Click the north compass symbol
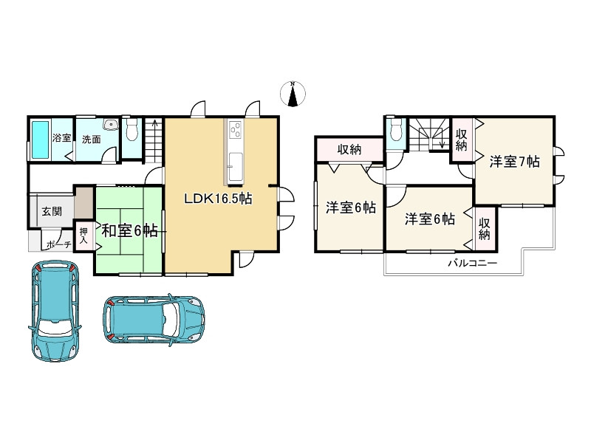point(293,94)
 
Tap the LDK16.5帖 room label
point(218,199)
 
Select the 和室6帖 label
point(130,230)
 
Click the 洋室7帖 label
point(514,162)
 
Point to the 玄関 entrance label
point(52,211)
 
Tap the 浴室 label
point(61,137)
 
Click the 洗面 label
point(91,140)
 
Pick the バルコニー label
point(472,263)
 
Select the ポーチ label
point(59,245)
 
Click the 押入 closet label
point(83,236)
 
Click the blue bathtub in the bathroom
point(40,140)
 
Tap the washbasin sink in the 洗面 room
point(110,124)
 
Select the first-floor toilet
point(131,131)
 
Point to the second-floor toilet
point(397,130)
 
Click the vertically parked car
point(55,311)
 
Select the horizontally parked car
point(154,320)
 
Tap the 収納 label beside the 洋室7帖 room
point(462,140)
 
